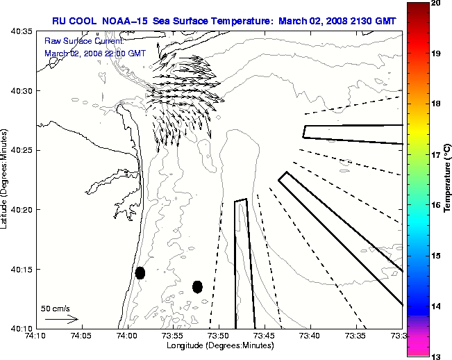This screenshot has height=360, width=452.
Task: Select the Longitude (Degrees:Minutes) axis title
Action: coord(219,345)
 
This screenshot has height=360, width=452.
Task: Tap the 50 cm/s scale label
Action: coord(56,308)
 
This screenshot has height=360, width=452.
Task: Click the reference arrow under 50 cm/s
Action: coord(61,319)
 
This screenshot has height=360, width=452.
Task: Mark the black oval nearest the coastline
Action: coord(140,272)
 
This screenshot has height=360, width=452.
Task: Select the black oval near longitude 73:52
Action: coord(197,286)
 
